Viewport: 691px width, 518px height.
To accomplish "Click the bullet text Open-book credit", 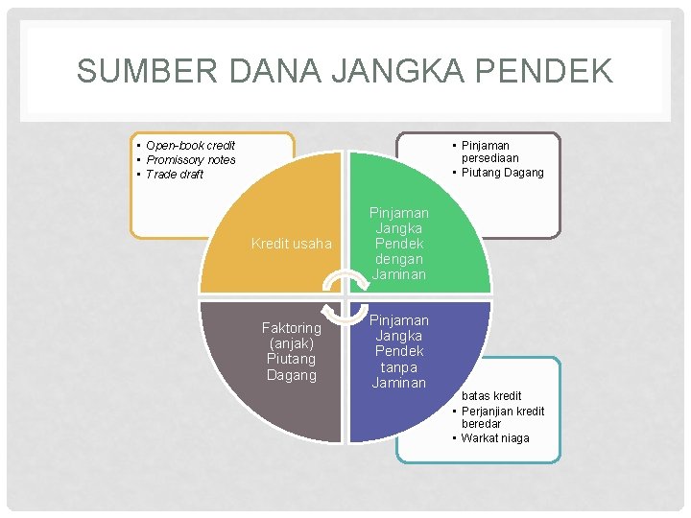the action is (x=190, y=146).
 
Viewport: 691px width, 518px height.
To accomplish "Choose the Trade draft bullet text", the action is (x=175, y=175).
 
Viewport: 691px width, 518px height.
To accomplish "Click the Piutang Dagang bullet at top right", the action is (x=502, y=173).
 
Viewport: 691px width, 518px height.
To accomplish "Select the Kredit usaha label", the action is (x=291, y=244).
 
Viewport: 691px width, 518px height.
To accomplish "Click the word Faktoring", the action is (x=291, y=328).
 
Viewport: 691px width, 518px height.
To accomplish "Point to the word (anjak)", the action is (x=291, y=343).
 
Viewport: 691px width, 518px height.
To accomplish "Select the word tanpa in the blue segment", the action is (x=398, y=367).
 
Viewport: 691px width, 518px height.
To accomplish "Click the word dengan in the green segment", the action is (x=398, y=259).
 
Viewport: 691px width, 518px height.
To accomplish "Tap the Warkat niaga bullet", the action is (x=495, y=438).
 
